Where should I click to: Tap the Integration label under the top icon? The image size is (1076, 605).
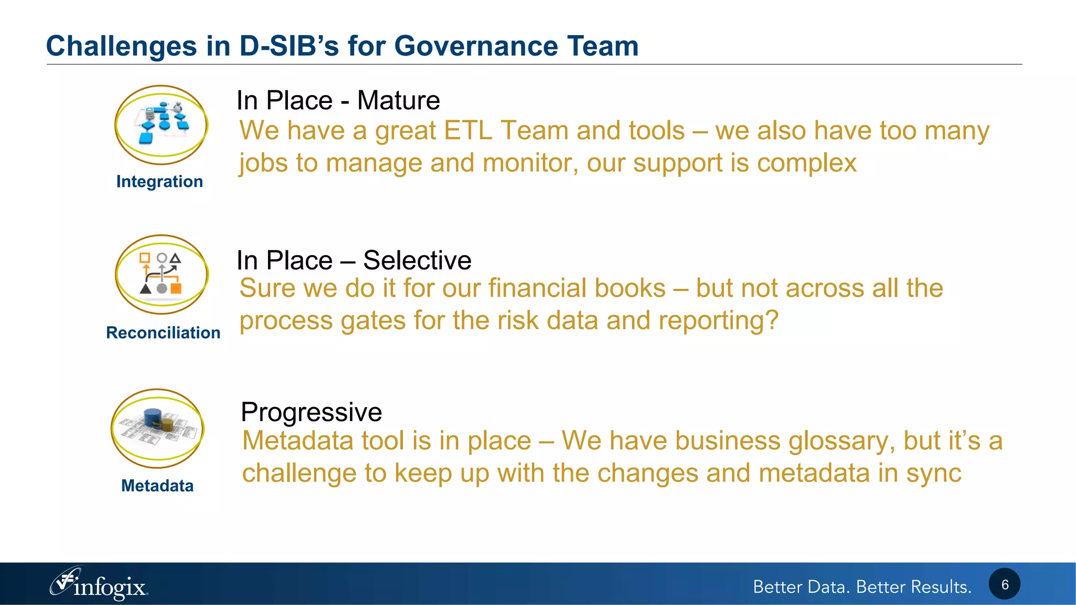coord(159,182)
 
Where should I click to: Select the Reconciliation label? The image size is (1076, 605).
coord(163,333)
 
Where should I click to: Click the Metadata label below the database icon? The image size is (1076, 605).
coord(157,486)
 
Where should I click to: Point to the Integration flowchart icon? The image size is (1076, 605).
coord(161,125)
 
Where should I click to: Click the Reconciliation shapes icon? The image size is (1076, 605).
coord(161,274)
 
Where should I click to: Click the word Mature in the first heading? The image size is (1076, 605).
coord(398,101)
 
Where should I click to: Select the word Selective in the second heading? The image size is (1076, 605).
coord(417,260)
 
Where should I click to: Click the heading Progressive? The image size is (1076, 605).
coord(311,412)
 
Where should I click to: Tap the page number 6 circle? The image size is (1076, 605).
coord(1004,585)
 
